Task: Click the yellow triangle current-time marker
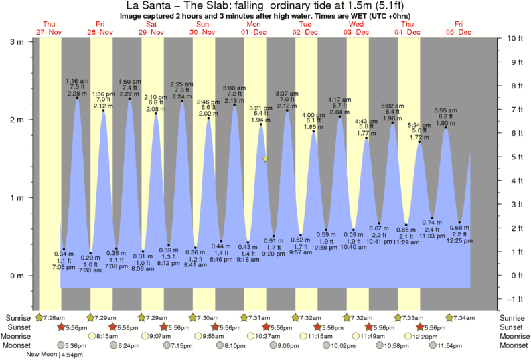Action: point(266,159)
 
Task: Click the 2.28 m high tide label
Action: point(77,94)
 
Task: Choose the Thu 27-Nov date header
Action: point(50,29)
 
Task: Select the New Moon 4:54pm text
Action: point(58,355)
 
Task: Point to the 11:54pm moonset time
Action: point(451,345)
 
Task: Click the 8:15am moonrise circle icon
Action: point(92,336)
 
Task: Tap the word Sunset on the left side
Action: point(18,327)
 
